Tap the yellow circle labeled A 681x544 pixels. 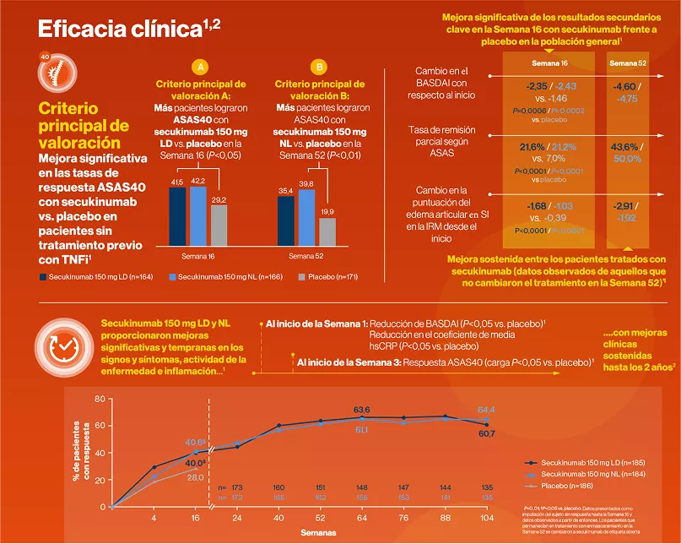[200, 67]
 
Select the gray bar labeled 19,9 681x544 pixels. [327, 231]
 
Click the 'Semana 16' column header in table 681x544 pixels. [549, 63]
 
